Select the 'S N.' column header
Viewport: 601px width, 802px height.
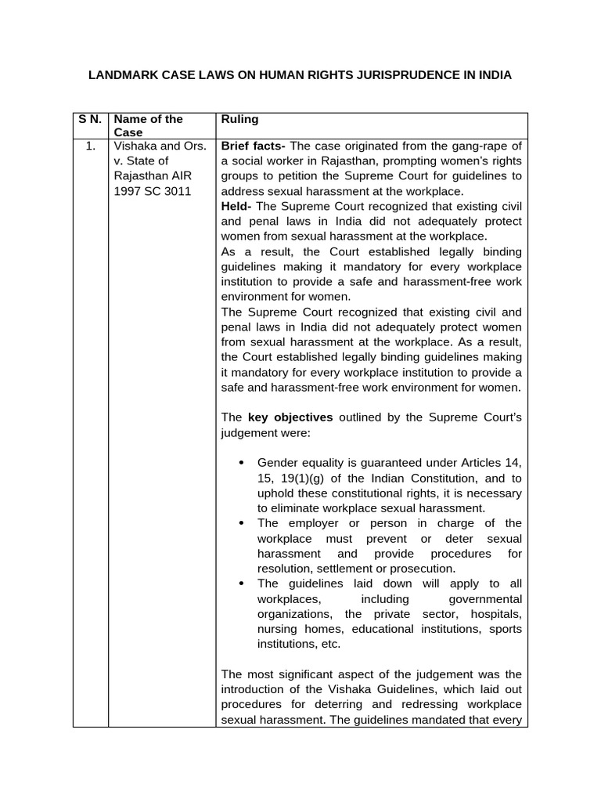[90, 119]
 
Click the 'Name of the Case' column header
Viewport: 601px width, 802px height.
[148, 125]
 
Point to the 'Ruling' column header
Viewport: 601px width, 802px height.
[239, 119]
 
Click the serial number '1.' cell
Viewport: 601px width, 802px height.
[91, 146]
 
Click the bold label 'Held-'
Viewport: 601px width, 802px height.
[237, 206]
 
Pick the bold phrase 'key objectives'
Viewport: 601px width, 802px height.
[290, 417]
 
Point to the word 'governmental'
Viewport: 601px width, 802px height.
[486, 598]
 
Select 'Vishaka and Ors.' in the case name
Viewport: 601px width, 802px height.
[160, 146]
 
